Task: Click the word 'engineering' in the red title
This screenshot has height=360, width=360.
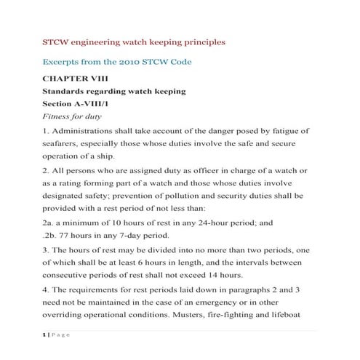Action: click(97, 42)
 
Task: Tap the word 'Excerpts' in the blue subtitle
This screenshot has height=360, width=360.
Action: click(65, 63)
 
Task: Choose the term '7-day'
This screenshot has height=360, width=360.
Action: click(129, 235)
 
